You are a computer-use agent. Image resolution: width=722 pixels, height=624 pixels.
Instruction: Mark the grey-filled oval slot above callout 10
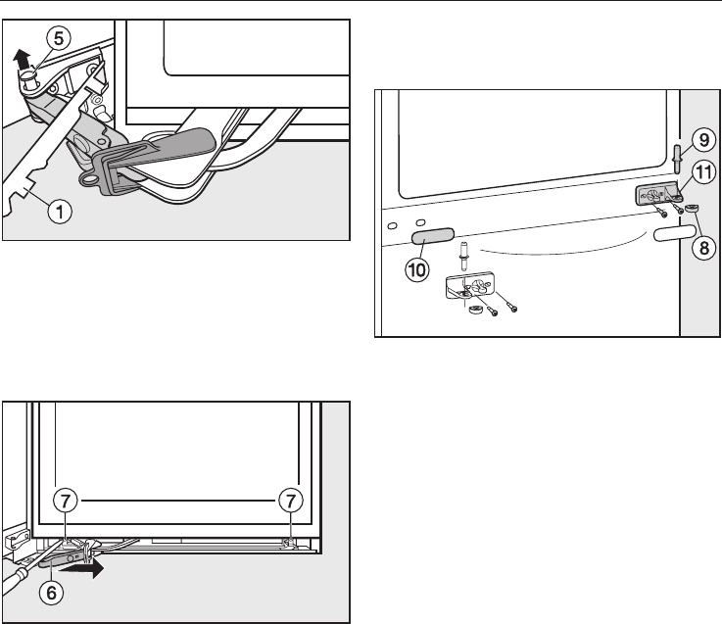[434, 236]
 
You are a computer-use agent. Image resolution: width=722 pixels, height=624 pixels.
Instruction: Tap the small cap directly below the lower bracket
[472, 312]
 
